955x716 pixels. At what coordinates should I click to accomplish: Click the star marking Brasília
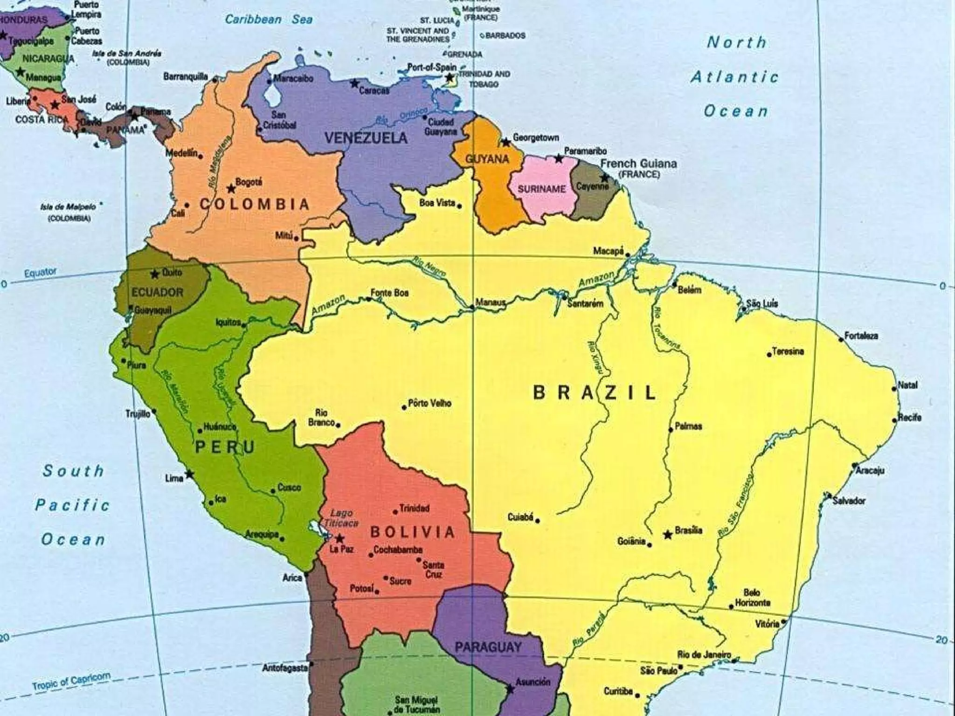tap(668, 535)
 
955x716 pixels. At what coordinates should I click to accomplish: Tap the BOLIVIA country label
tap(412, 532)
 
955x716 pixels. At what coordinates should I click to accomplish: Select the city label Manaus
tap(491, 303)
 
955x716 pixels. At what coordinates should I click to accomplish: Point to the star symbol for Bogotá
tap(231, 189)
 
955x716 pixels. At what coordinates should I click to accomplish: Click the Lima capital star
tap(189, 474)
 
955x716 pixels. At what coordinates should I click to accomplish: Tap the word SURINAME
tap(541, 189)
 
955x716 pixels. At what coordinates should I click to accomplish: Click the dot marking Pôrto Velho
tap(404, 407)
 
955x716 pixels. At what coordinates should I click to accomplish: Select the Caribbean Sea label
tap(269, 20)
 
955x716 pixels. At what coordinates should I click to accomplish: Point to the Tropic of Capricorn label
tap(71, 681)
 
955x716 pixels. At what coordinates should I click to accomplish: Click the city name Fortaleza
tap(861, 336)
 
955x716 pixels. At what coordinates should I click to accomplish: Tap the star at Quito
tap(154, 274)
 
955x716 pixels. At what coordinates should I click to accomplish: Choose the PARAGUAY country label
tap(488, 647)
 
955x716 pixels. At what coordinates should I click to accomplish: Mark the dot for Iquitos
tap(245, 325)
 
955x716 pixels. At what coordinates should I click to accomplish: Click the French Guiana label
tap(638, 164)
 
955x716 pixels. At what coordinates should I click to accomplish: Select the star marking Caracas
tap(354, 84)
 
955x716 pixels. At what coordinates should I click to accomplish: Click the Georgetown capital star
tap(505, 142)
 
